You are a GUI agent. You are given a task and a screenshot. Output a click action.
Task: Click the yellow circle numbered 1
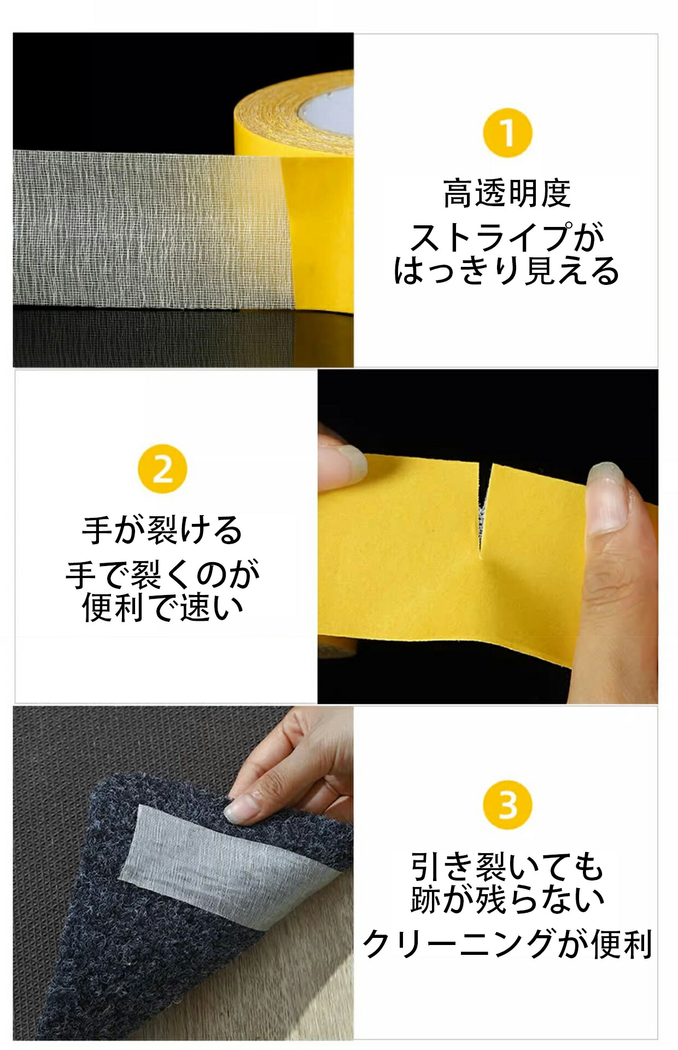pos(507,133)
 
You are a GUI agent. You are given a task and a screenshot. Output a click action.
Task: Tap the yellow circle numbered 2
pos(162,469)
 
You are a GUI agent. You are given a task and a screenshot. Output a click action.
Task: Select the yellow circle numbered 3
pos(507,805)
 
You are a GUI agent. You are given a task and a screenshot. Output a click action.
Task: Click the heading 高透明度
pos(507,194)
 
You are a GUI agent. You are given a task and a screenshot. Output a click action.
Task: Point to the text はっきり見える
pos(507,270)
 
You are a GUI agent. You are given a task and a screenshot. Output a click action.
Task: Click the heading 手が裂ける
pos(162,530)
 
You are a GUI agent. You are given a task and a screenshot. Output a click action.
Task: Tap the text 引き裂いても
pos(507,866)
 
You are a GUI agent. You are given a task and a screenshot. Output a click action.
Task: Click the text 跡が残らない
pos(507,899)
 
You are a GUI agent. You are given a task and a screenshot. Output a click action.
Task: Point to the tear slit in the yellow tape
pos(484,509)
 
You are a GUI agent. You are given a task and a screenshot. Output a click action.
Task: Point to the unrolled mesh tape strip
pos(153,230)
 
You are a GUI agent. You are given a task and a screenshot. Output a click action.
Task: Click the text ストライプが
pos(507,237)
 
